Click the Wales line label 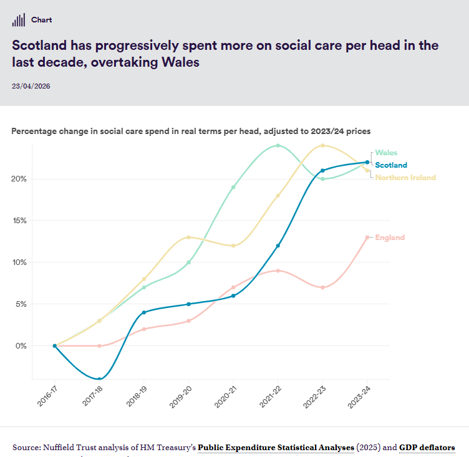coord(386,153)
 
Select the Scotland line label coord(391,165)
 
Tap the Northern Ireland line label coord(405,178)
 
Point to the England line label coord(390,238)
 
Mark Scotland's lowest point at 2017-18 coord(99,379)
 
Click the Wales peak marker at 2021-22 coord(278,145)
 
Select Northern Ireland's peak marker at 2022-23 coord(322,145)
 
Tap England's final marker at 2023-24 coord(367,238)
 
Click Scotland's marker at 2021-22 coord(278,246)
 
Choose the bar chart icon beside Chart coord(19,20)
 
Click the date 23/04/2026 coord(31,86)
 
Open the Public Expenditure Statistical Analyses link coord(276,448)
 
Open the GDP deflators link coord(427,448)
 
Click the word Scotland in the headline coord(39,46)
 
